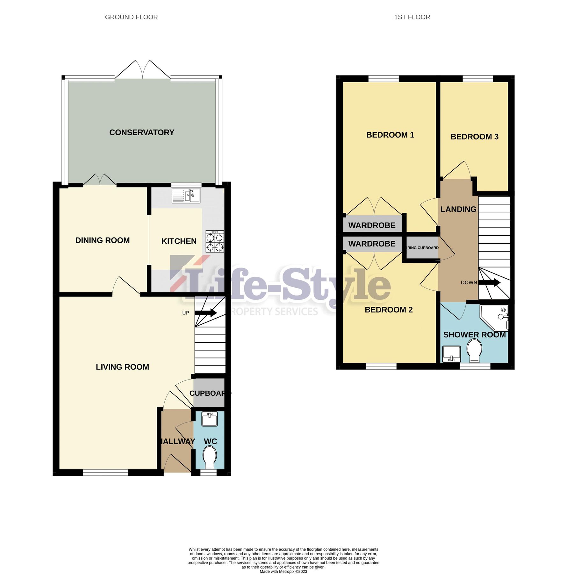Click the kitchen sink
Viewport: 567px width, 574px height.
coord(186,195)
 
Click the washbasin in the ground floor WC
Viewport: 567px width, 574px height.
coord(209,419)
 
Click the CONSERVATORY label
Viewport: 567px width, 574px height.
coord(142,132)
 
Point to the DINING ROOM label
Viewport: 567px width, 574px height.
coord(103,240)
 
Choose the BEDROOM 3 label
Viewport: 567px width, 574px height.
coord(474,137)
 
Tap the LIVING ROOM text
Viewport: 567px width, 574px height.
coord(122,367)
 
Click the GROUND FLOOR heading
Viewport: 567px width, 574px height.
coord(131,17)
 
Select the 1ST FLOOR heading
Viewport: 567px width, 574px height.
coord(412,17)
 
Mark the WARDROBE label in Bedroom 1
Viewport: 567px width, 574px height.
coord(372,225)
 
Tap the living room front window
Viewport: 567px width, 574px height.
coord(105,473)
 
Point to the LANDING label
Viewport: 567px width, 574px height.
coord(458,209)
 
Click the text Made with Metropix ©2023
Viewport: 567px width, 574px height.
coord(283,571)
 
